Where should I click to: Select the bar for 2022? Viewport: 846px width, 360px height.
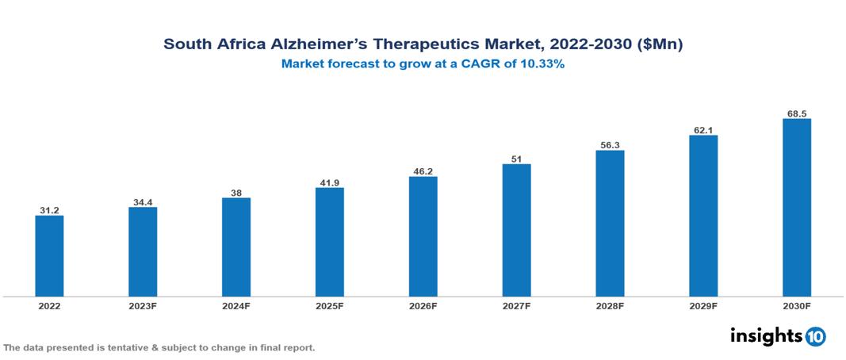[49, 256]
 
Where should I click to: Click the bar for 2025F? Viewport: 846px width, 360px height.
[329, 242]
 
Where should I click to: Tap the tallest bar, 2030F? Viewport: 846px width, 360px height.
[796, 208]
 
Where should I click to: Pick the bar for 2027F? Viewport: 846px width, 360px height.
[516, 230]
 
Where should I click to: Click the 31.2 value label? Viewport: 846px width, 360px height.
[49, 210]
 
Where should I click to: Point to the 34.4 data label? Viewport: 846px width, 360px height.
[143, 201]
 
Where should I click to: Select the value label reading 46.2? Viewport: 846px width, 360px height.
[423, 170]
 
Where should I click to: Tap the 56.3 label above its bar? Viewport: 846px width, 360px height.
[610, 144]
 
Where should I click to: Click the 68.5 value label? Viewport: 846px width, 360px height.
[796, 113]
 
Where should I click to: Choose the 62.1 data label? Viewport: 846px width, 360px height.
[703, 129]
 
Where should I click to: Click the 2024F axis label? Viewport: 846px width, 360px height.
[236, 305]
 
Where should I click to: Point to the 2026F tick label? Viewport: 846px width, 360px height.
[423, 305]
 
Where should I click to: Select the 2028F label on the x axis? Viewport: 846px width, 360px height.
[610, 305]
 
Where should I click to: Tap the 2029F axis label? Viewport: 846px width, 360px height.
[703, 305]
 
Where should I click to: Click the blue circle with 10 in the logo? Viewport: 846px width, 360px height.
[815, 337]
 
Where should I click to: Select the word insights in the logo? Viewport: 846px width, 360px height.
[766, 336]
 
